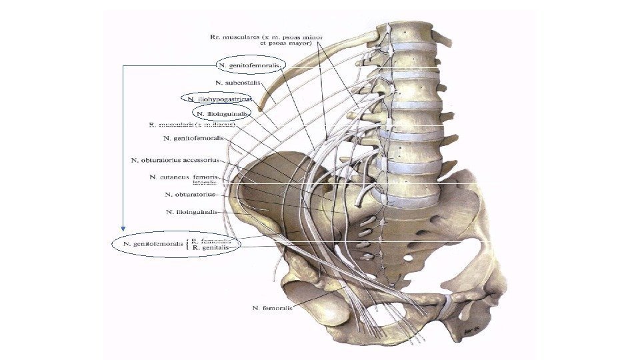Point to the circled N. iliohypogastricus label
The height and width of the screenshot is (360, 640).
(219, 99)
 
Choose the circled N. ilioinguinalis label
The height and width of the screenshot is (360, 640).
(223, 114)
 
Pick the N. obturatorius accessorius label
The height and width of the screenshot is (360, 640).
(175, 160)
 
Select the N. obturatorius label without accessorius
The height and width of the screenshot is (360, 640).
(189, 195)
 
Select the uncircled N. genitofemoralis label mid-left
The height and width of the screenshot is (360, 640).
(193, 139)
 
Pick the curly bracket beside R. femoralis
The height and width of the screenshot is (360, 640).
(188, 244)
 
